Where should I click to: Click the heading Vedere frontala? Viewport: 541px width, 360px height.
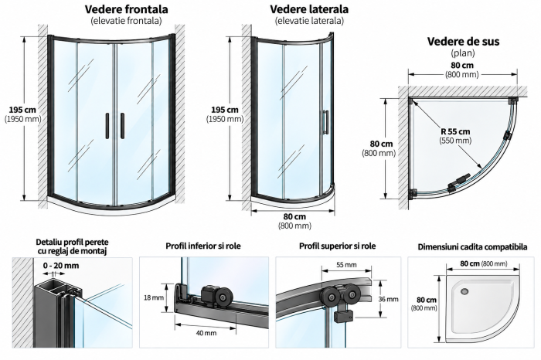pyautogui.click(x=126, y=9)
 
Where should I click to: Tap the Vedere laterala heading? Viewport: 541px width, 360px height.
pyautogui.click(x=309, y=9)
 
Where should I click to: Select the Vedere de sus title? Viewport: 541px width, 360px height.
pyautogui.click(x=463, y=42)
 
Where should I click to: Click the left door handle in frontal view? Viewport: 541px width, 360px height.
pyautogui.click(x=107, y=126)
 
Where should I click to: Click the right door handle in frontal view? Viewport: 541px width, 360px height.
pyautogui.click(x=122, y=126)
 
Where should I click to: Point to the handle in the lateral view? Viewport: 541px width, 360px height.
pyautogui.click(x=325, y=122)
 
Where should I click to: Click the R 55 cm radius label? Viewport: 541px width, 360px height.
pyautogui.click(x=455, y=131)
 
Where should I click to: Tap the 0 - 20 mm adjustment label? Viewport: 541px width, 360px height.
pyautogui.click(x=61, y=266)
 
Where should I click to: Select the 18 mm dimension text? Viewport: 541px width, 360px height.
pyautogui.click(x=154, y=297)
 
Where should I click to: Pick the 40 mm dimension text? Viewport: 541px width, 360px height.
pyautogui.click(x=206, y=333)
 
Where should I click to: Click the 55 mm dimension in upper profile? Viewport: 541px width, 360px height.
pyautogui.click(x=346, y=265)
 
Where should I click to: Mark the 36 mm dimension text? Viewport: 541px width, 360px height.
pyautogui.click(x=388, y=299)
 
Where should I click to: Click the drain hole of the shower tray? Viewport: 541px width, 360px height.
pyautogui.click(x=464, y=291)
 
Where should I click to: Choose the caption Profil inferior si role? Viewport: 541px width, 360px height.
pyautogui.click(x=203, y=246)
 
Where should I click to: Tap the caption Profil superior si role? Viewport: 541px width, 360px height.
pyautogui.click(x=338, y=246)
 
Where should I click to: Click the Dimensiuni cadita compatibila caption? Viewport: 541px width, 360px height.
pyautogui.click(x=472, y=247)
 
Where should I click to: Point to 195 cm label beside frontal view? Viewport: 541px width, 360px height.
pyautogui.click(x=22, y=110)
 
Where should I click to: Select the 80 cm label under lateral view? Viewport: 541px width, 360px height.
pyautogui.click(x=294, y=217)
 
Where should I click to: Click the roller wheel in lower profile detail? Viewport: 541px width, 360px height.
pyautogui.click(x=220, y=296)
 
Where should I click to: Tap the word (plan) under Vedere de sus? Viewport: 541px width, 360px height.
pyautogui.click(x=463, y=53)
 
